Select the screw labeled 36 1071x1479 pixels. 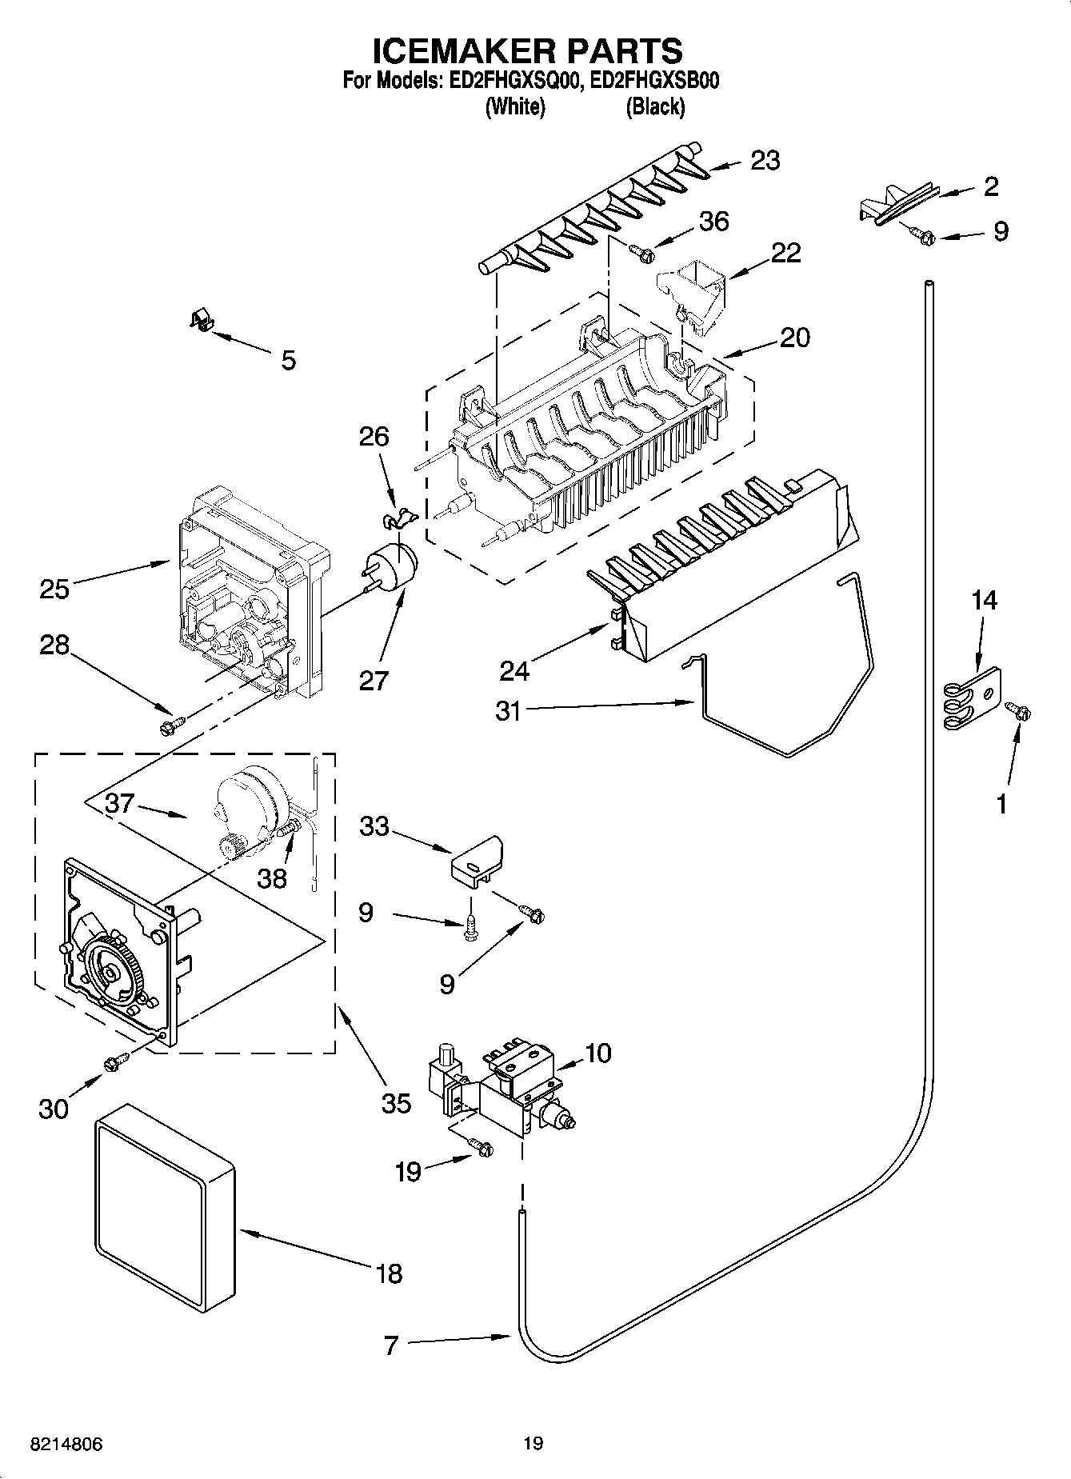642,254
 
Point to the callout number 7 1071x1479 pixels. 390,1345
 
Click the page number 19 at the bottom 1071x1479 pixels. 533,1443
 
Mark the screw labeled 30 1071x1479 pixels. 116,1061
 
